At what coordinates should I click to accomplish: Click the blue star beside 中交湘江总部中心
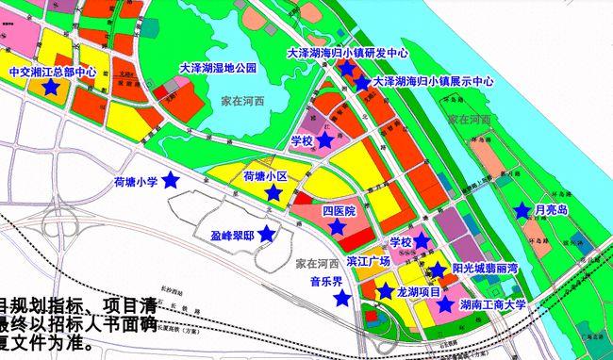[49, 87]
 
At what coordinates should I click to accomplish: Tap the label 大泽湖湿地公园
[218, 69]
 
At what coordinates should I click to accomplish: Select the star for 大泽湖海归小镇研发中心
[346, 68]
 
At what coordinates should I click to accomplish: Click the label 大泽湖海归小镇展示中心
[434, 82]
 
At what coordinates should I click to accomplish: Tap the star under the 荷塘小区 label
[273, 192]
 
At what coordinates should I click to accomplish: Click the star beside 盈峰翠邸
[267, 234]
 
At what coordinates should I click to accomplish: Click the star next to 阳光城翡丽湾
[438, 270]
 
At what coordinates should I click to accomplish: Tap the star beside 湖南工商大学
[445, 305]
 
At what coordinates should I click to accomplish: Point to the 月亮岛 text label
[551, 210]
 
